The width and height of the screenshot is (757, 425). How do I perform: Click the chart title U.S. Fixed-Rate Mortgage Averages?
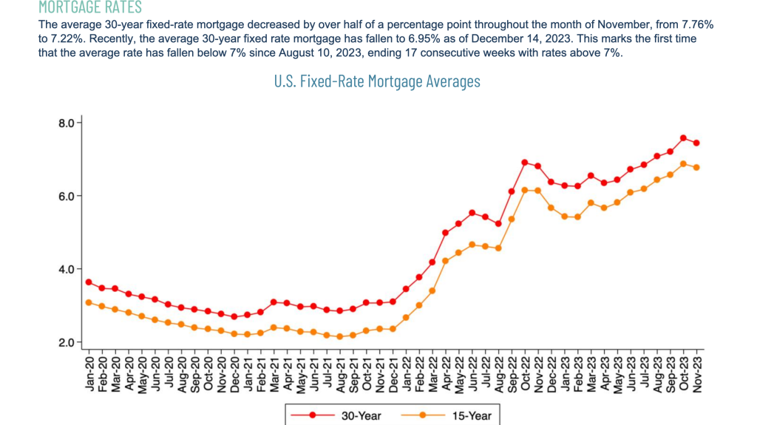pos(377,81)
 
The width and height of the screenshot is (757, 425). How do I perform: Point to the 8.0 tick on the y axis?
pos(67,123)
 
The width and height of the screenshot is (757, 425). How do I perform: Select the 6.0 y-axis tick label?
pos(67,197)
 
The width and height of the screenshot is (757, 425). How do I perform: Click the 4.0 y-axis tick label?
pos(67,270)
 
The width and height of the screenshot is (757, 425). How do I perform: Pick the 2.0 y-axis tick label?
pos(67,343)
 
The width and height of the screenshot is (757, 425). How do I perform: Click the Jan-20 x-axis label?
pos(89,373)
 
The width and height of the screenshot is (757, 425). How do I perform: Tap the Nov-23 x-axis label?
pos(696,373)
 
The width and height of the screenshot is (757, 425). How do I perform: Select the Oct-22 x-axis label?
pos(525,373)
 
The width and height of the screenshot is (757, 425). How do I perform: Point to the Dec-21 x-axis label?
pos(393,373)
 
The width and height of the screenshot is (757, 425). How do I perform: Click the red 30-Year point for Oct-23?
pos(683,138)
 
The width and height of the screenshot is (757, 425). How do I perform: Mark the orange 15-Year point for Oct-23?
pos(683,164)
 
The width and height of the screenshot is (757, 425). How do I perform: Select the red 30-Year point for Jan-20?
pos(89,282)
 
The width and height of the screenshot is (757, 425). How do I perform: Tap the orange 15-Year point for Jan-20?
pos(89,302)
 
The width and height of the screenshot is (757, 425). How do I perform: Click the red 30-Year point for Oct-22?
pos(525,163)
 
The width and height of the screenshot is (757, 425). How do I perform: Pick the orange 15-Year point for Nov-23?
pos(696,168)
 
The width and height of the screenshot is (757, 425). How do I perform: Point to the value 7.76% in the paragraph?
pos(699,25)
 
